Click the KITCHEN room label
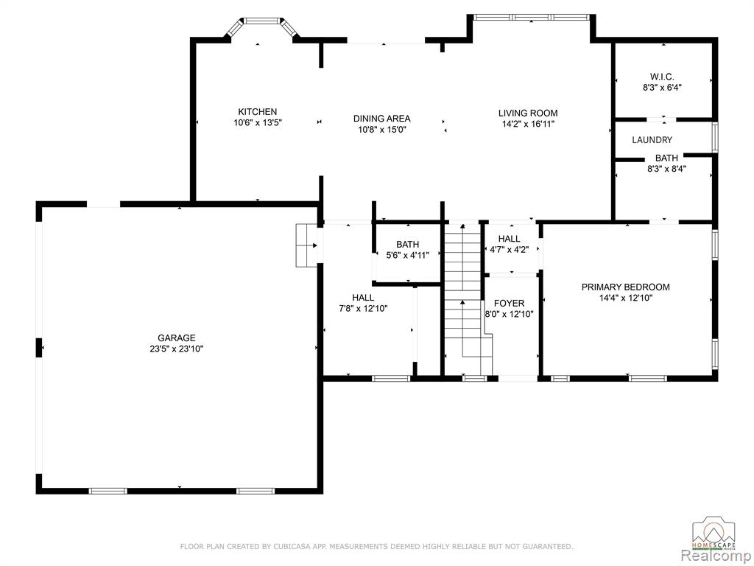coord(257,112)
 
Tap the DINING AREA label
coord(382,119)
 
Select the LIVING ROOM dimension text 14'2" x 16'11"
coord(527,124)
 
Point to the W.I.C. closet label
coord(662,77)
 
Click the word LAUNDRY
coord(652,140)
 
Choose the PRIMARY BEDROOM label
coord(626,287)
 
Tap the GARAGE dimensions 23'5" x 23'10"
coord(177,349)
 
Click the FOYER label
coord(510,303)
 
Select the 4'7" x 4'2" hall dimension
coord(510,249)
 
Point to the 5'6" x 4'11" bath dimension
coord(407,255)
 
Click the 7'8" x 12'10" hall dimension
coord(363,309)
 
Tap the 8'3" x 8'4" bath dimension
coord(666,169)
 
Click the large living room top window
coord(532,18)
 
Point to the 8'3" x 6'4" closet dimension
coord(662,88)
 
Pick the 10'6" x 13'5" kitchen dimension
coord(257,123)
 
